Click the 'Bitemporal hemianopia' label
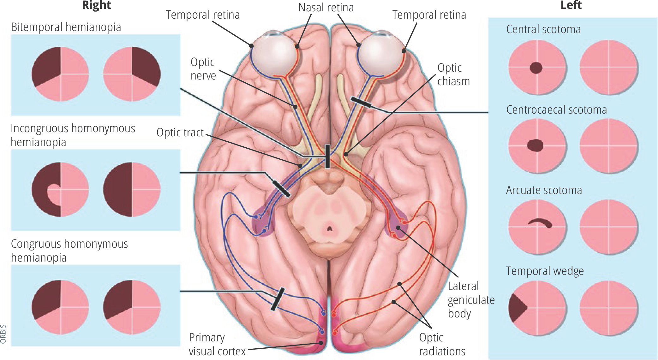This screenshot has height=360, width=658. (66, 27)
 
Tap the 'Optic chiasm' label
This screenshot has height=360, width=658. (453, 74)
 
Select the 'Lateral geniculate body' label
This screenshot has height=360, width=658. (471, 300)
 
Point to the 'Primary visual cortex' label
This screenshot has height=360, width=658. (217, 344)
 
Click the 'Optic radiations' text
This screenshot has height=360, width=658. (442, 344)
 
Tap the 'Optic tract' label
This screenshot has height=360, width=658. (180, 133)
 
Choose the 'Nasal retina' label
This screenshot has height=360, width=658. (326, 8)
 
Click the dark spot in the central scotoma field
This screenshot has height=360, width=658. (536, 68)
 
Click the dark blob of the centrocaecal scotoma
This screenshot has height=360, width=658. (535, 145)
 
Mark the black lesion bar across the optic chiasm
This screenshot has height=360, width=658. (327, 156)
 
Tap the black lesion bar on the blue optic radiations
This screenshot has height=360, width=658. (278, 299)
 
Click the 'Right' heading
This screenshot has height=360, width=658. (96, 5)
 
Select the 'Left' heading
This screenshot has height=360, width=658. (571, 5)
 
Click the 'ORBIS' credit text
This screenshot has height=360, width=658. (3, 334)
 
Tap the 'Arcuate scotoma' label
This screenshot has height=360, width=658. (544, 190)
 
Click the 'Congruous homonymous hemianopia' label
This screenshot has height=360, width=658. (69, 251)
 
